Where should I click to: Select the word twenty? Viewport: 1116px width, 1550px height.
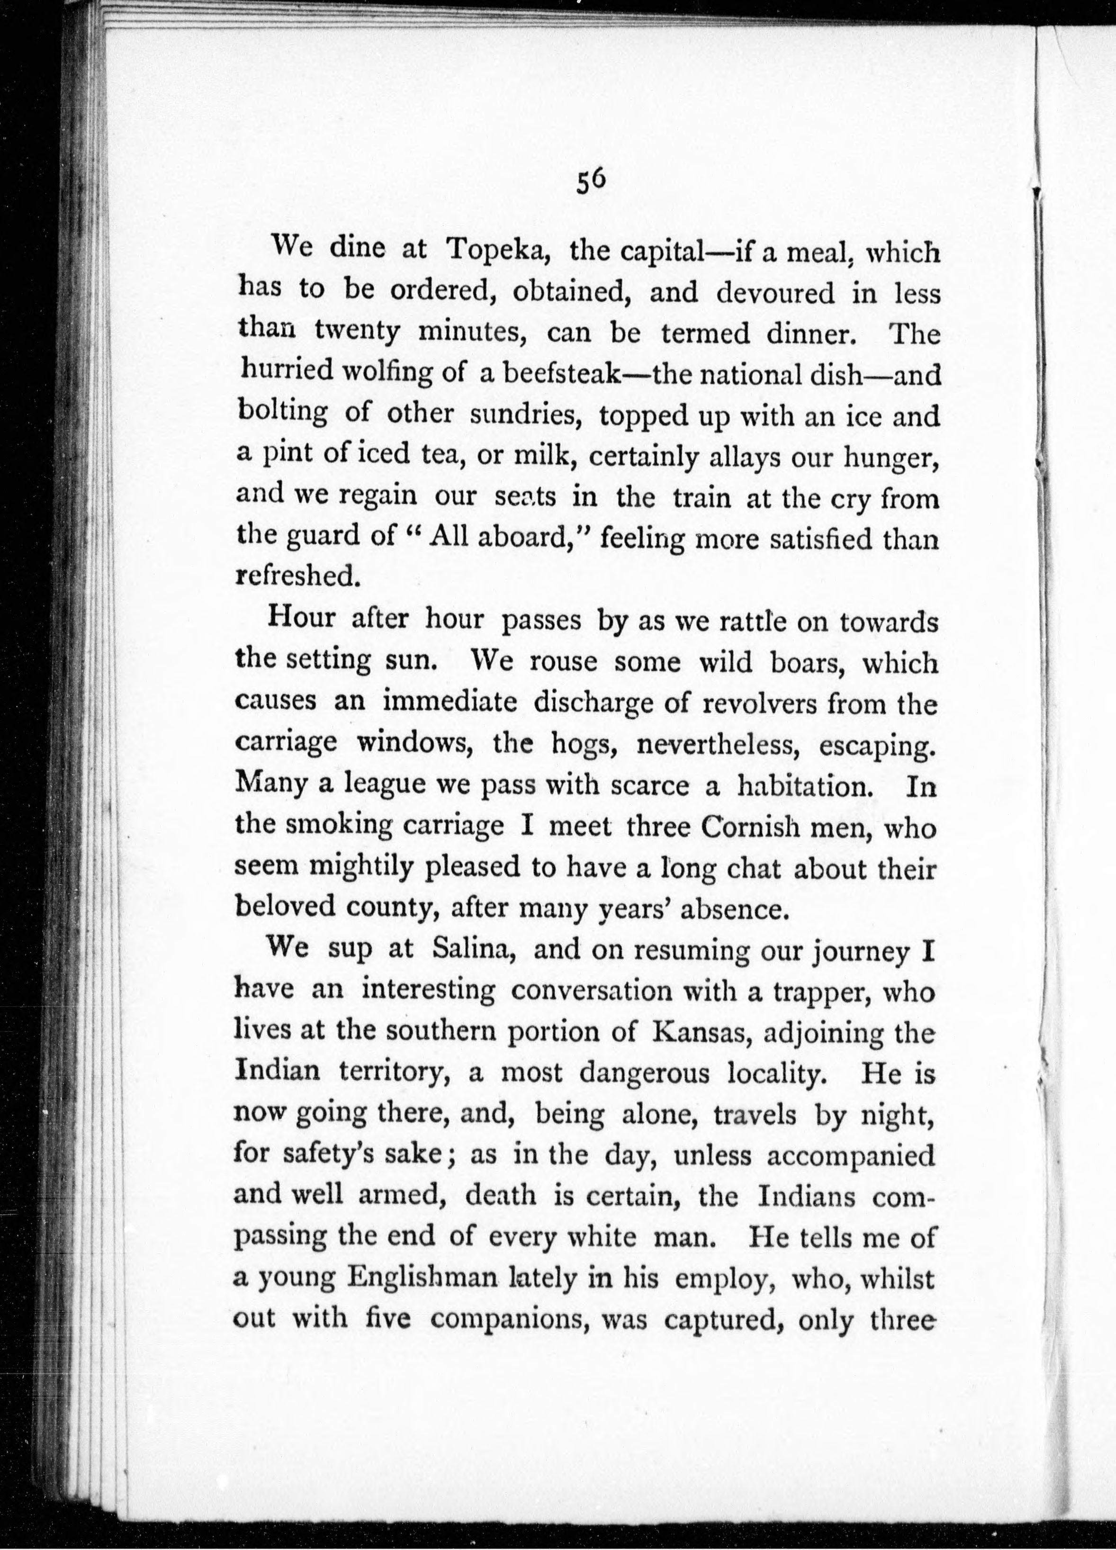tap(358, 333)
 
